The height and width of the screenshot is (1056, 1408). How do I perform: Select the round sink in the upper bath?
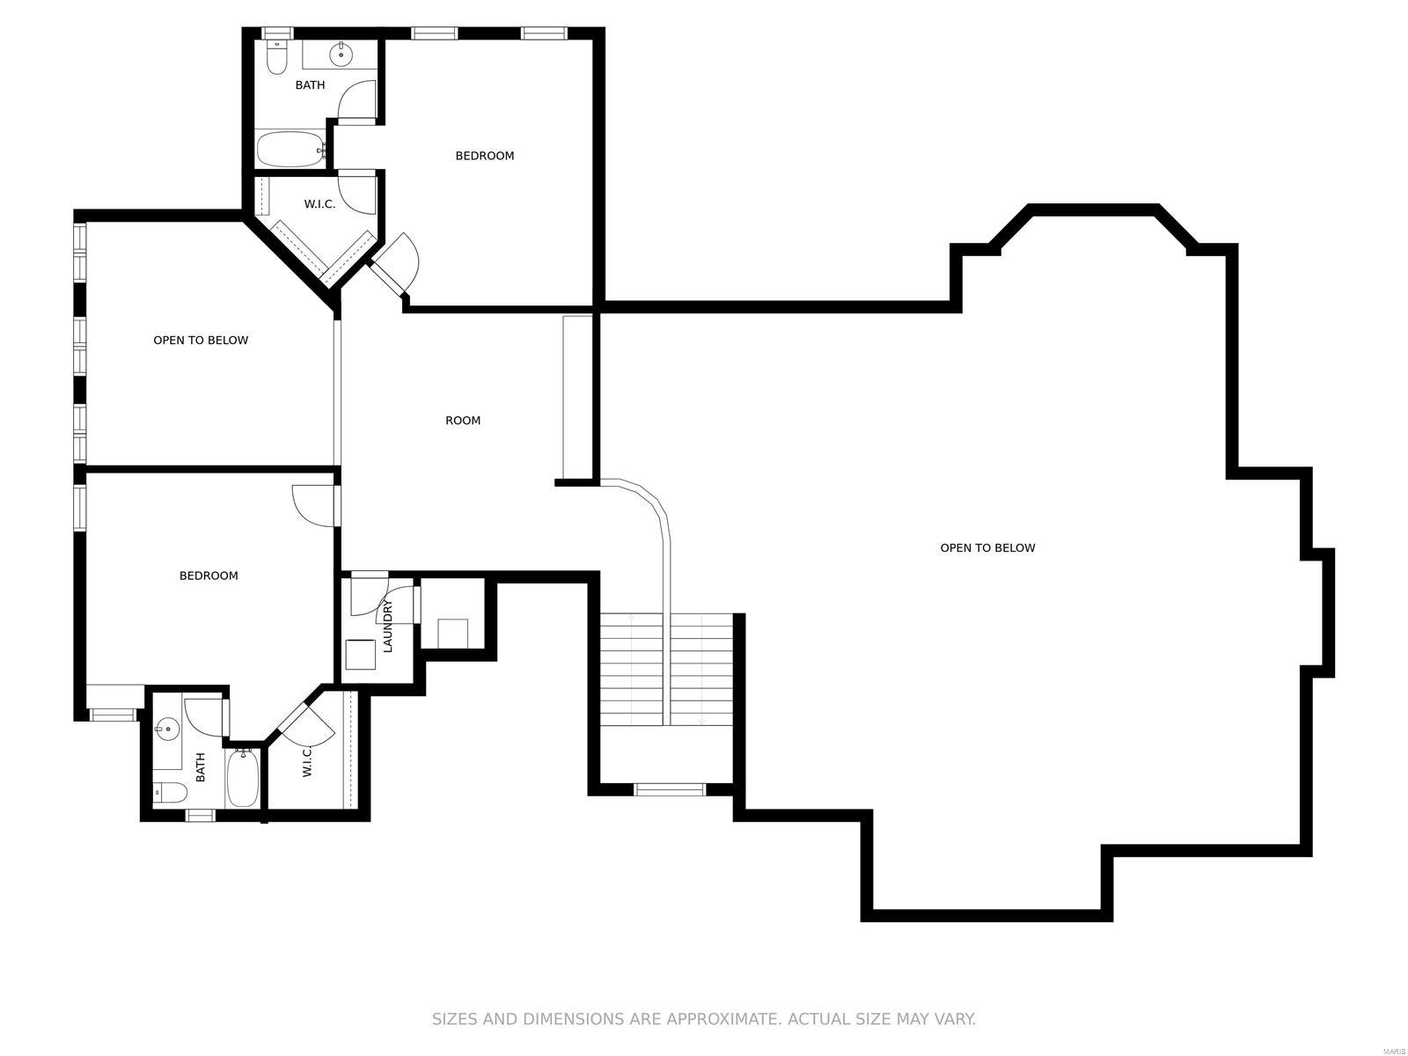[341, 55]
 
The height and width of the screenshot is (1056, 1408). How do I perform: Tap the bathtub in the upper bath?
[290, 150]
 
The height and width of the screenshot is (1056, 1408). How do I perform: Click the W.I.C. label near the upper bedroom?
[319, 204]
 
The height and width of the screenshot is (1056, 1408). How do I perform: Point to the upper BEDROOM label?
[484, 156]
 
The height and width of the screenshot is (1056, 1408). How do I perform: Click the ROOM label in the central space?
[463, 421]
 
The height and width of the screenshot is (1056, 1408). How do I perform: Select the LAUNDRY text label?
[387, 626]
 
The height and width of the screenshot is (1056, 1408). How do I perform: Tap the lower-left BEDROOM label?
[209, 576]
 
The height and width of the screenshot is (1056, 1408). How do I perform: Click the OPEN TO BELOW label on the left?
[201, 341]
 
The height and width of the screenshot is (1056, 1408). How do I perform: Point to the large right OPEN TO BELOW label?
[987, 547]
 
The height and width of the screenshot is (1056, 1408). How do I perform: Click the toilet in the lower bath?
[169, 793]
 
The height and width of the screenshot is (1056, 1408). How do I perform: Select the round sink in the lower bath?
[166, 729]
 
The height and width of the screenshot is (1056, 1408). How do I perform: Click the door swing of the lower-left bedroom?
[312, 507]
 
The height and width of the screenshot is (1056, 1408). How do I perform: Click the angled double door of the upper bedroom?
[394, 262]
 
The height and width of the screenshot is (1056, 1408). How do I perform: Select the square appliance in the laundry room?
[361, 655]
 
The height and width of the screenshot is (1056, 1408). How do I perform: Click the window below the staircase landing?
[670, 789]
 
